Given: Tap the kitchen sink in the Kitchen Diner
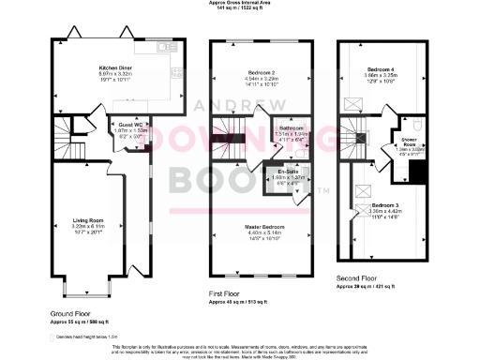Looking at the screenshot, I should pos(167,46).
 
